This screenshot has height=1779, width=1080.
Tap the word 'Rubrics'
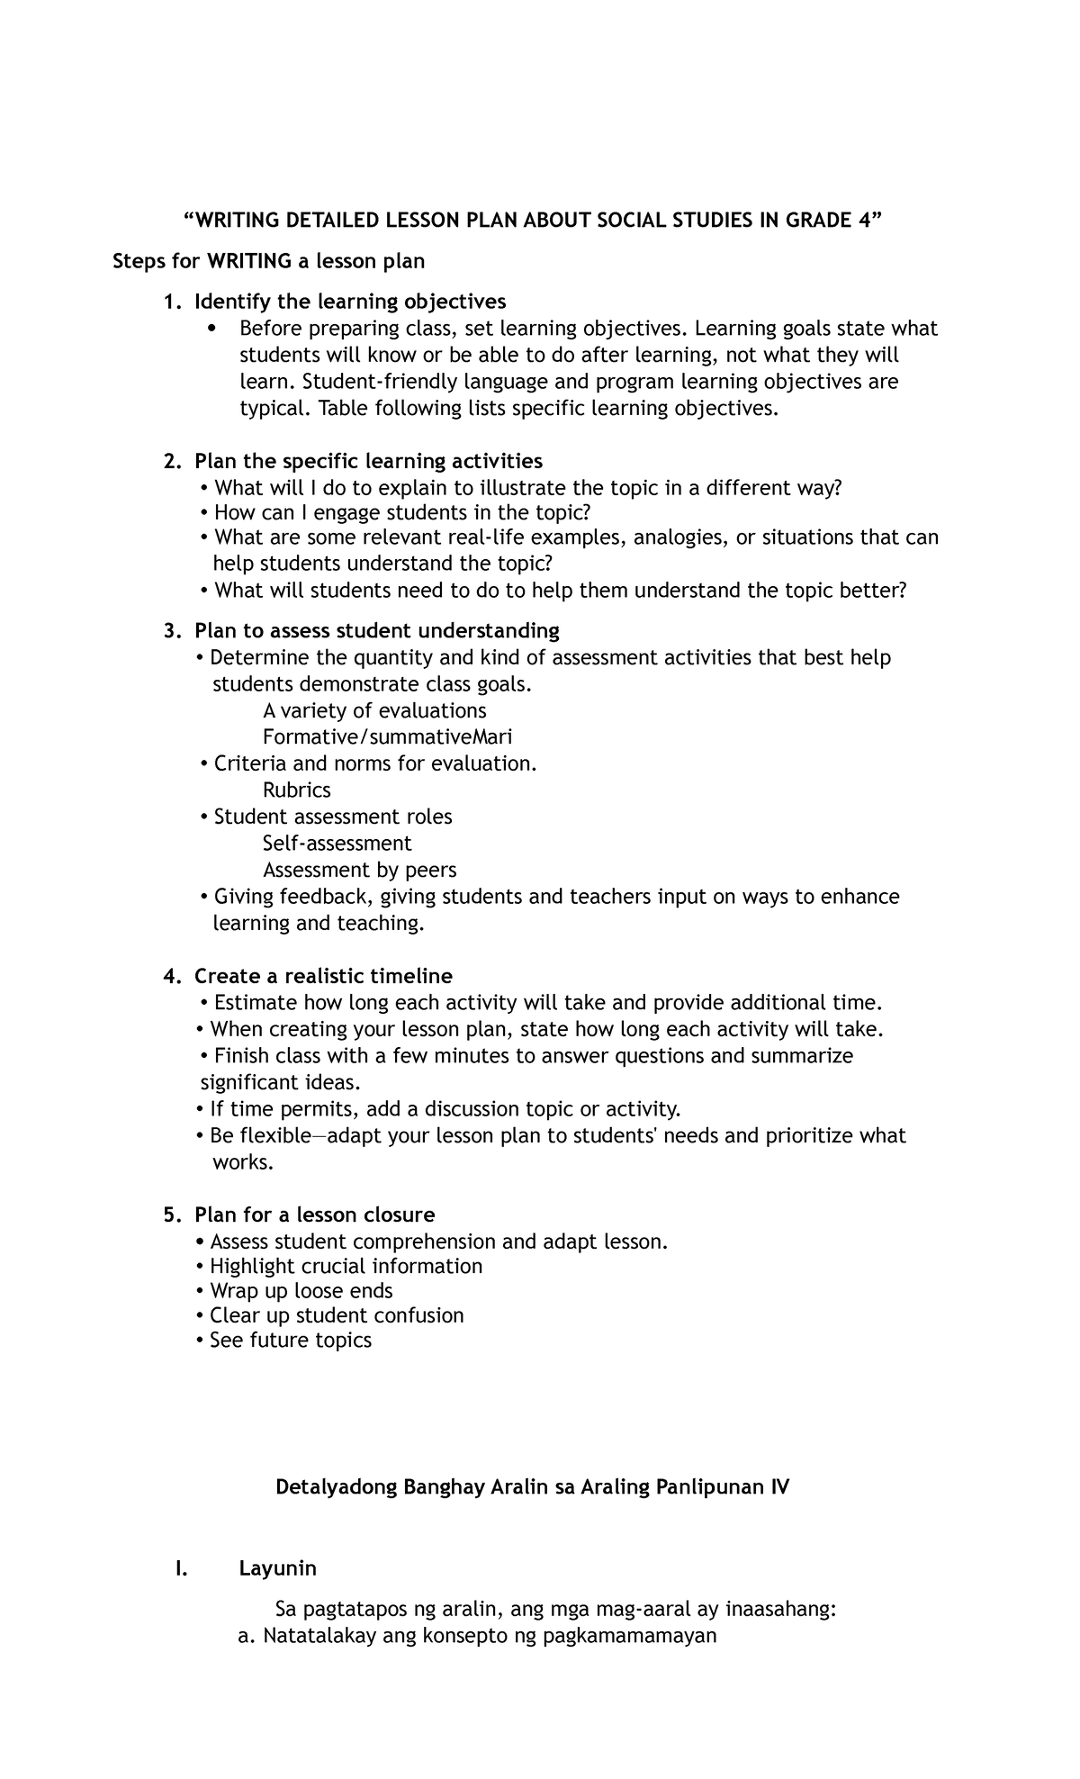point(296,790)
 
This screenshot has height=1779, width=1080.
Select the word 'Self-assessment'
point(337,844)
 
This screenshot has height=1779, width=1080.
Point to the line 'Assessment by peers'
point(359,871)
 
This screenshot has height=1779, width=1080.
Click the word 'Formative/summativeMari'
point(387,737)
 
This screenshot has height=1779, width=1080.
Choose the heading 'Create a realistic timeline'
point(323,976)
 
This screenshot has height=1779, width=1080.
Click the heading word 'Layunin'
point(277,1568)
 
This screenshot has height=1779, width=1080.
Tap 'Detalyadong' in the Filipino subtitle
point(335,1487)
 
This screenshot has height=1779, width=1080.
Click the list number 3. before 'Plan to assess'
point(173,631)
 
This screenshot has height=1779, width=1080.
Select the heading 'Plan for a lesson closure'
point(314,1215)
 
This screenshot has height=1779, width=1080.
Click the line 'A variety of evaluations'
point(374,711)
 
